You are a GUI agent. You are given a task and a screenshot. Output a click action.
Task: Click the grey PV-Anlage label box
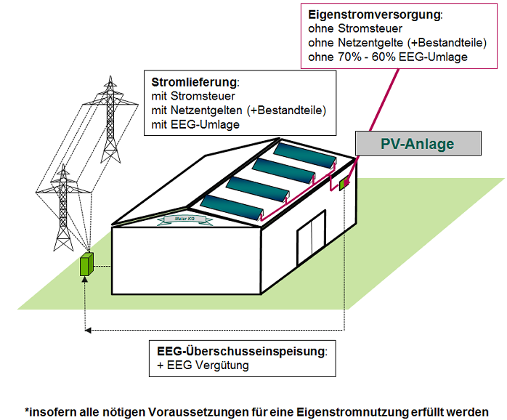click(418, 143)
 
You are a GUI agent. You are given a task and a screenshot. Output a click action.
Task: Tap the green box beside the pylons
click(87, 264)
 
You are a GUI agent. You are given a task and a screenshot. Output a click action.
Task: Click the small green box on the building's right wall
click(344, 183)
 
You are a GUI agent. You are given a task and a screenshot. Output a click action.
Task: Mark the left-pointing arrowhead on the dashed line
click(89, 330)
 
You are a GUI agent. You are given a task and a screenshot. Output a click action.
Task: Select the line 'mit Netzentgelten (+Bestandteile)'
click(239, 110)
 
